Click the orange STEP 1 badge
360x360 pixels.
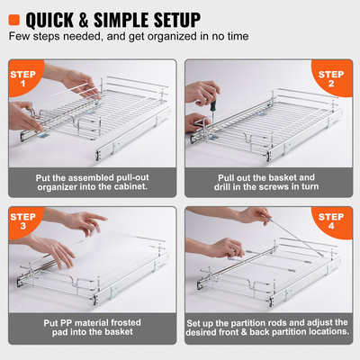(x=26, y=78)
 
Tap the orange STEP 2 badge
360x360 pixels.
(x=332, y=78)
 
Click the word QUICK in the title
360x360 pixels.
(x=61, y=19)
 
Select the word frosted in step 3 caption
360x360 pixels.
(x=129, y=323)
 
